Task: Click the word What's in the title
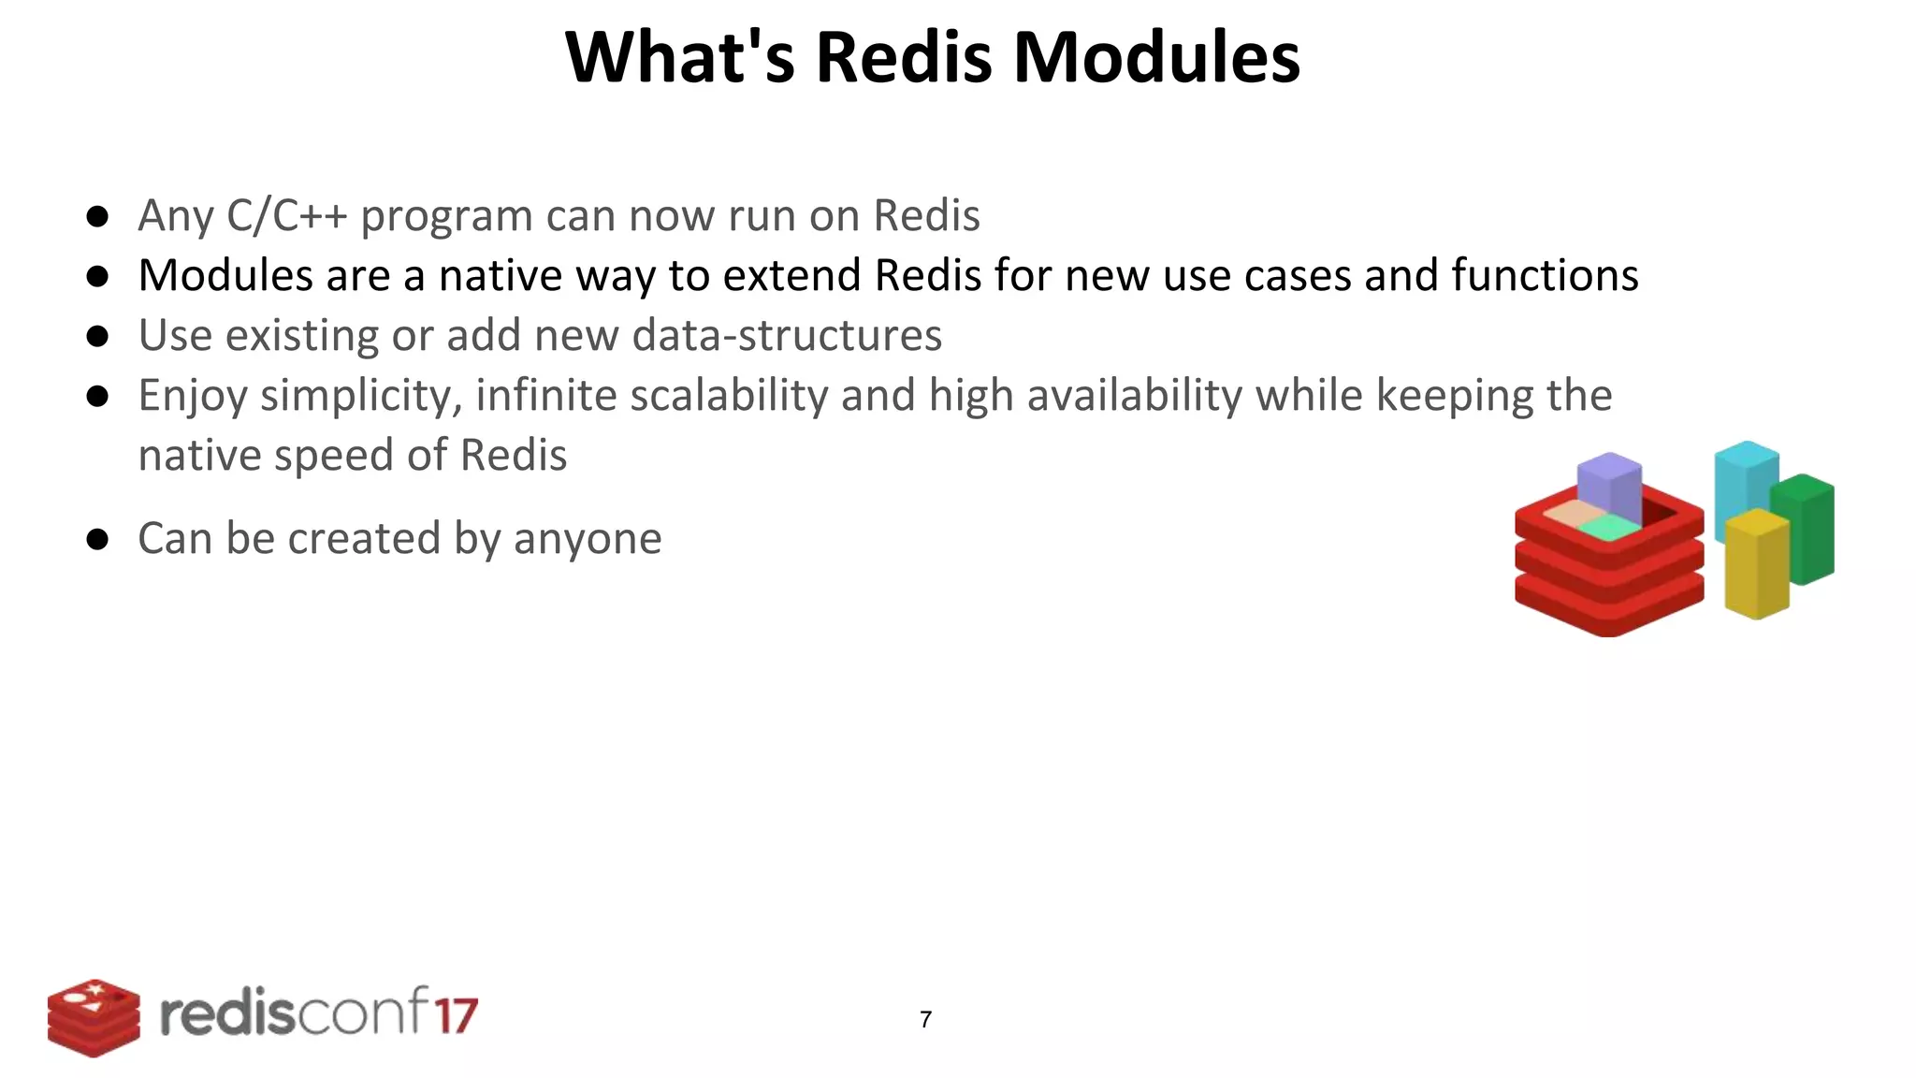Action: pyautogui.click(x=680, y=58)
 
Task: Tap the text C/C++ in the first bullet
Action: pyautogui.click(x=287, y=216)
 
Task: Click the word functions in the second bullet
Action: pyautogui.click(x=1545, y=276)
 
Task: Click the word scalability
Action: pyautogui.click(x=729, y=396)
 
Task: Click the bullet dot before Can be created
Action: pyautogui.click(x=97, y=540)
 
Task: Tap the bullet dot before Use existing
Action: pyautogui.click(x=97, y=336)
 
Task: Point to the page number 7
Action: pyautogui.click(x=925, y=1019)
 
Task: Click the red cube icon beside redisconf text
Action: pyautogui.click(x=94, y=1018)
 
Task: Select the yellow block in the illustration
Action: pyautogui.click(x=1756, y=565)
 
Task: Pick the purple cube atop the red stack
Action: pyautogui.click(x=1609, y=487)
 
